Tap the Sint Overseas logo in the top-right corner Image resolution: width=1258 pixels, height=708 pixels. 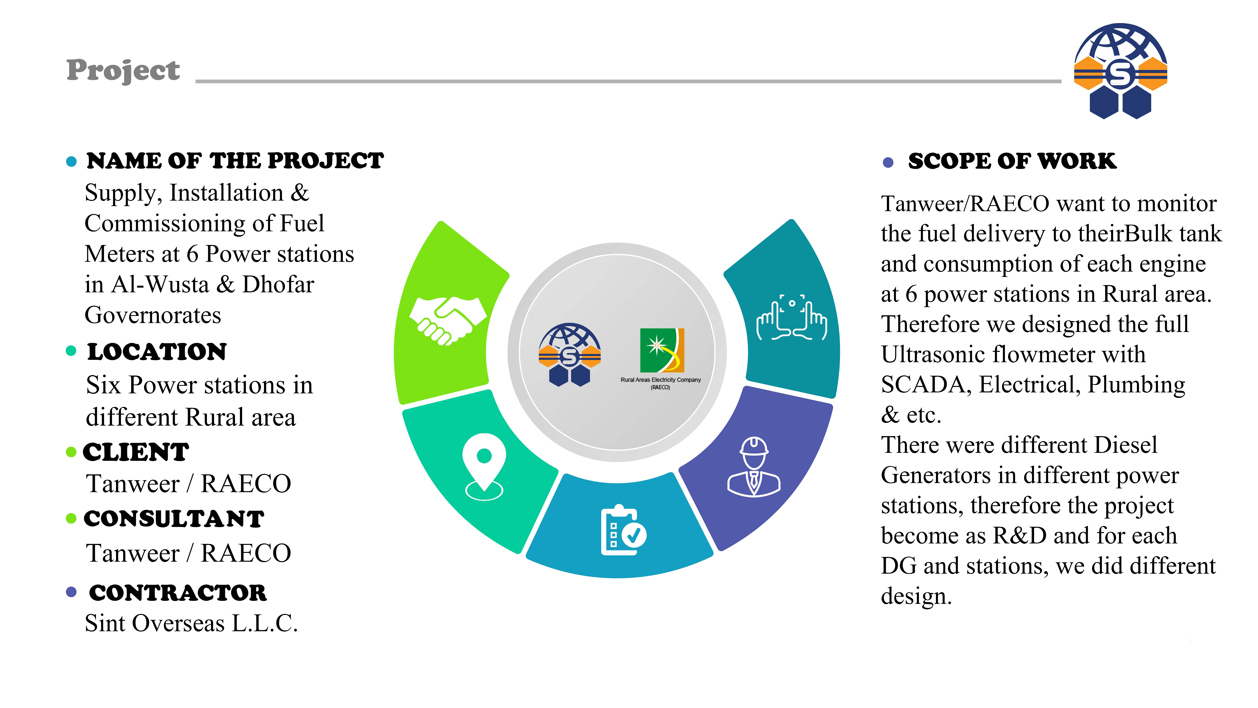[1120, 71]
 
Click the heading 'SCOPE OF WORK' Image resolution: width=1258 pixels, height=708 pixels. [1012, 161]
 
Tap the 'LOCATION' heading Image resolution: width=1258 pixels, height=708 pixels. [157, 352]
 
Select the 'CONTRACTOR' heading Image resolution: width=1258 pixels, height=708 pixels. [178, 593]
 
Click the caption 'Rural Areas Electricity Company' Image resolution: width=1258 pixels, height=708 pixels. [660, 380]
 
